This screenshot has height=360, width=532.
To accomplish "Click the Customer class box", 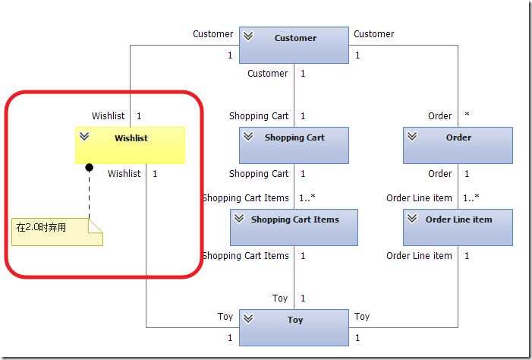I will pyautogui.click(x=294, y=45).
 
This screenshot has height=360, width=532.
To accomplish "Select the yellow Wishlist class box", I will pyautogui.click(x=130, y=144).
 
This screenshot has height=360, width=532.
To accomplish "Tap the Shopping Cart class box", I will pyautogui.click(x=294, y=144).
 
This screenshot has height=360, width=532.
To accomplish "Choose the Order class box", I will pyautogui.click(x=458, y=144).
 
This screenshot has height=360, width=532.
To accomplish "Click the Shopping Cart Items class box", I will pyautogui.click(x=294, y=226).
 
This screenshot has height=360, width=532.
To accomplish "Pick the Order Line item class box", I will pyautogui.click(x=458, y=226).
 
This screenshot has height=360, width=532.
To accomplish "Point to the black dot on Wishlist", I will pyautogui.click(x=89, y=167).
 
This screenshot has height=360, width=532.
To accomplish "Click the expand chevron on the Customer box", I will pyautogui.click(x=248, y=36).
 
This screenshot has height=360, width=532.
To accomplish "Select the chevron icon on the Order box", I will pyautogui.click(x=412, y=136).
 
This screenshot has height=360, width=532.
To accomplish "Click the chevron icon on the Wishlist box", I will pyautogui.click(x=84, y=136).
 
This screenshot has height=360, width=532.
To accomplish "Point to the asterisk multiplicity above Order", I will pyautogui.click(x=467, y=115).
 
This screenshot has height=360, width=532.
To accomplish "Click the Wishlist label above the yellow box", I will pyautogui.click(x=109, y=116).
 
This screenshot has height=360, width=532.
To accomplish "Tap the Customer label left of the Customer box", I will pyautogui.click(x=213, y=34).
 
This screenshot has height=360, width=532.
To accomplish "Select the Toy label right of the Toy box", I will pyautogui.click(x=362, y=317).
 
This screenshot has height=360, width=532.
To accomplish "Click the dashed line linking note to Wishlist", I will pyautogui.click(x=89, y=194).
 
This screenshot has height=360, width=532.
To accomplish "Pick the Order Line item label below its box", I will pyautogui.click(x=419, y=256).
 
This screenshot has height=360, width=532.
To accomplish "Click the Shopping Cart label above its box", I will pyautogui.click(x=259, y=116).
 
